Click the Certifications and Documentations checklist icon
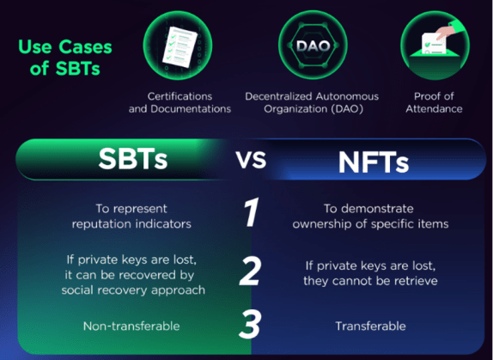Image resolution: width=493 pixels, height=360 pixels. [x=179, y=46]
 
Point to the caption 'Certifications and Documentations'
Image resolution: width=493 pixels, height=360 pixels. [x=180, y=102]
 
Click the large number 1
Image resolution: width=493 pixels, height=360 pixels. [x=250, y=214]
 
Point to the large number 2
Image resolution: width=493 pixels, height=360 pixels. [x=250, y=272]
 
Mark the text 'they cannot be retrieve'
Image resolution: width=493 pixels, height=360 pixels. [x=368, y=280]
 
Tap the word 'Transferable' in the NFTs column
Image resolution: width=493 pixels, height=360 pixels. [x=368, y=326]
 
